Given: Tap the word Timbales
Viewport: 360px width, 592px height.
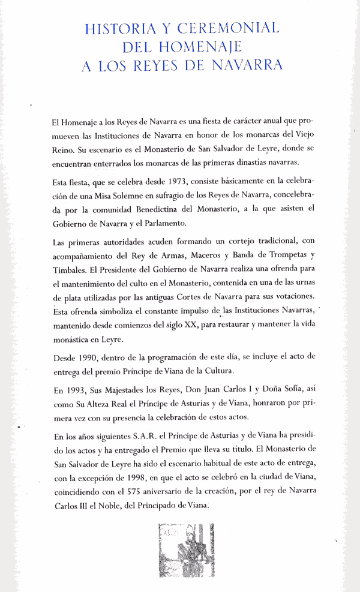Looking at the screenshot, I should (x=69, y=271).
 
